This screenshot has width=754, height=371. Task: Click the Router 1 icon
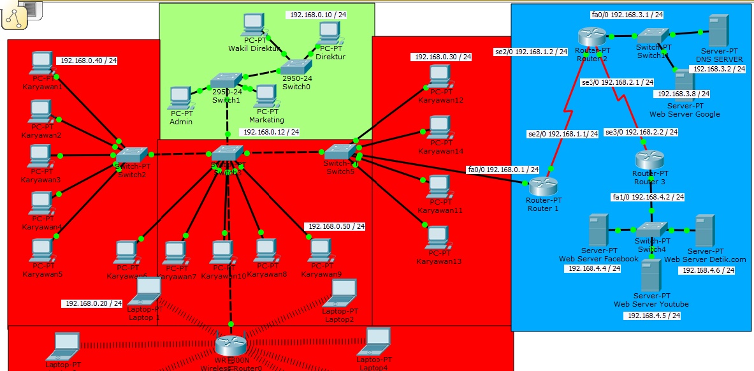tap(542, 185)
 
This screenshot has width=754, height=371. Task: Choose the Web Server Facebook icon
tap(598, 231)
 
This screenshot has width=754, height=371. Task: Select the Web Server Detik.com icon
tap(704, 231)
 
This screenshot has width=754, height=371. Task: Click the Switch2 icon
tap(131, 155)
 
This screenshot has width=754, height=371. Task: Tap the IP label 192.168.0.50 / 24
tap(336, 226)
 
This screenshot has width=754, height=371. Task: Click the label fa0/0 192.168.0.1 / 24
tap(502, 170)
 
